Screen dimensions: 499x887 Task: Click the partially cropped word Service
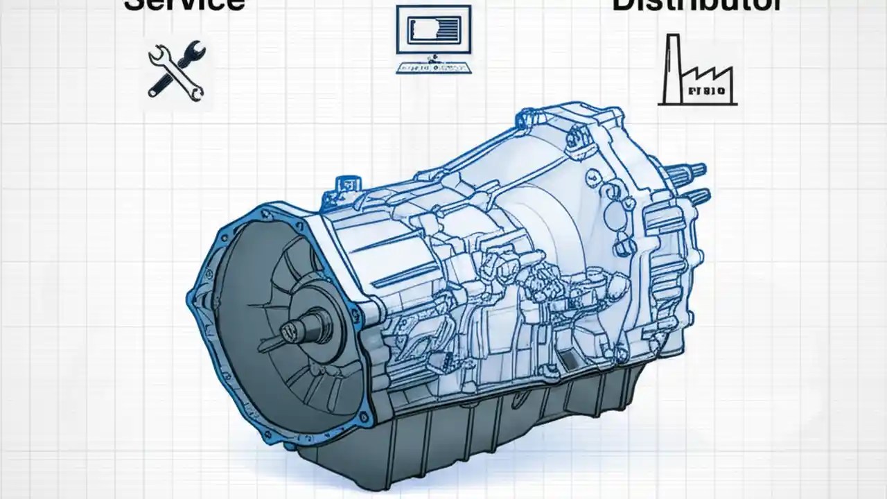pos(184,6)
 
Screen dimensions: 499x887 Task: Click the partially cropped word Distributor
pos(697,6)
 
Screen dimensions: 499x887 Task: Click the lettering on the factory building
pos(705,91)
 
